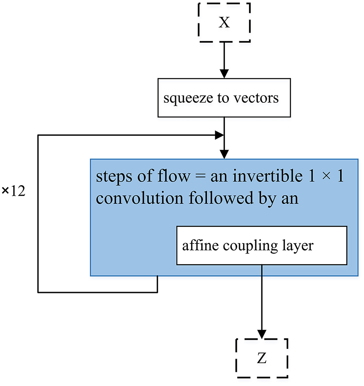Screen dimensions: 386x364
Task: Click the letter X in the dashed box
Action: click(x=224, y=23)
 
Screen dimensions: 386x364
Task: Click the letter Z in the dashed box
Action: click(x=262, y=359)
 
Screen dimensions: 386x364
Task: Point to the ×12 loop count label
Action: click(x=15, y=193)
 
